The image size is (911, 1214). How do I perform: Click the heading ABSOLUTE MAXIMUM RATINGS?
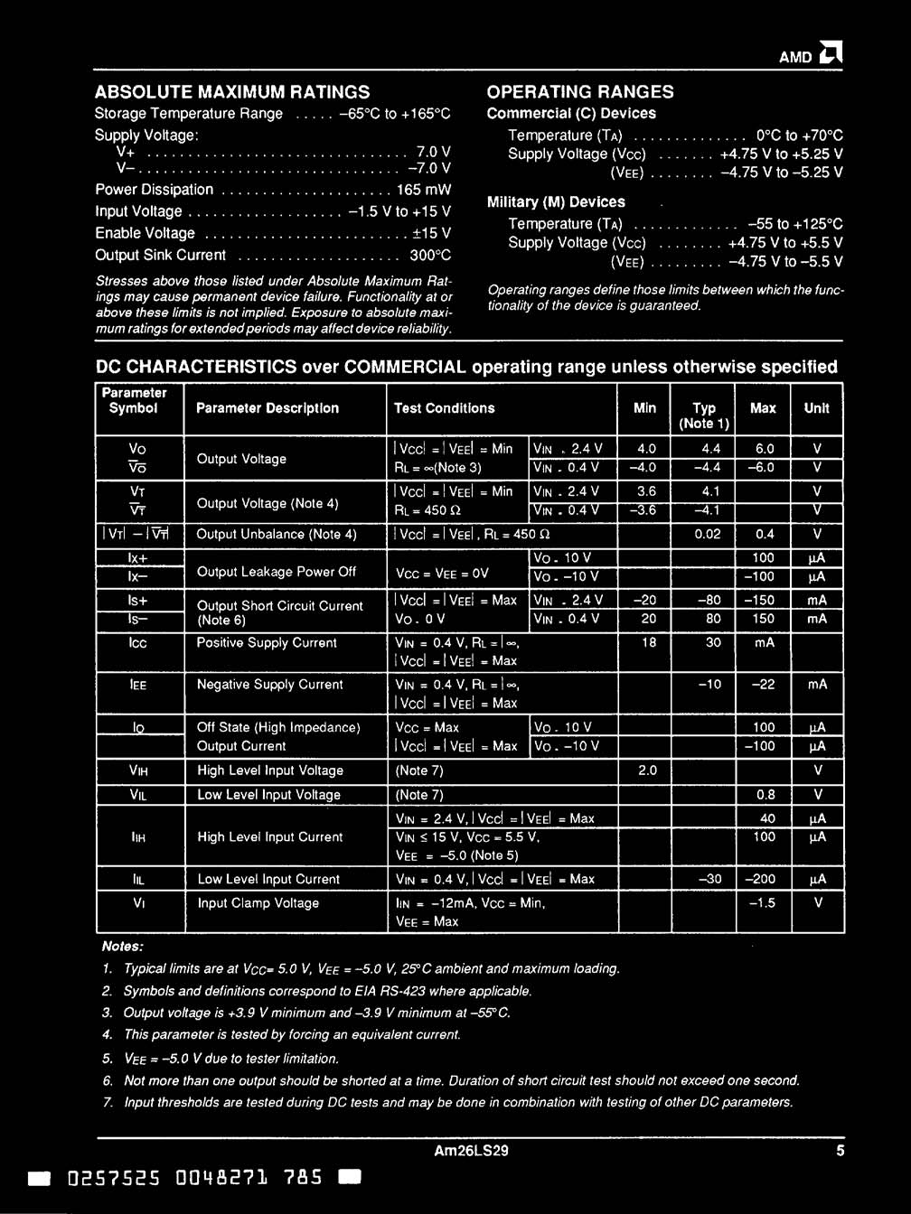(232, 91)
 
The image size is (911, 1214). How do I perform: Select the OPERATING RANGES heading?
(580, 91)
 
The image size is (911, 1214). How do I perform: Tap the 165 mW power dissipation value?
(424, 190)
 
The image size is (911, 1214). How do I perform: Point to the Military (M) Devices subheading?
(556, 202)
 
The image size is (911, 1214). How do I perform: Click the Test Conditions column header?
(445, 408)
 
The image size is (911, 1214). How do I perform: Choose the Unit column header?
(816, 408)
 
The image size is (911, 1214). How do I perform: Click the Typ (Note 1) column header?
(704, 416)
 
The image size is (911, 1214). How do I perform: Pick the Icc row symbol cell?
(137, 643)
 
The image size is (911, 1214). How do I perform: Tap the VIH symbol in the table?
(137, 770)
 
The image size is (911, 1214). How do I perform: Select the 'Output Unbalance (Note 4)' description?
(277, 534)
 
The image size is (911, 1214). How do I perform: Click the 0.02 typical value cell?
(708, 534)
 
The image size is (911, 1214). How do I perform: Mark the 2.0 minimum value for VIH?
(647, 770)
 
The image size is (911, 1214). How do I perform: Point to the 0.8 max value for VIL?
(765, 795)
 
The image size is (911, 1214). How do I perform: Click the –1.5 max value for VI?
(763, 903)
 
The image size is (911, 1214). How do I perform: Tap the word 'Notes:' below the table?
(123, 947)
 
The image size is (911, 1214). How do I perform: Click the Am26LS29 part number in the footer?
(471, 1151)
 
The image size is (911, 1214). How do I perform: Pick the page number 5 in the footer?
(840, 1151)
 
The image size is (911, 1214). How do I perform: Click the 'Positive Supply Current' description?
(267, 643)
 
